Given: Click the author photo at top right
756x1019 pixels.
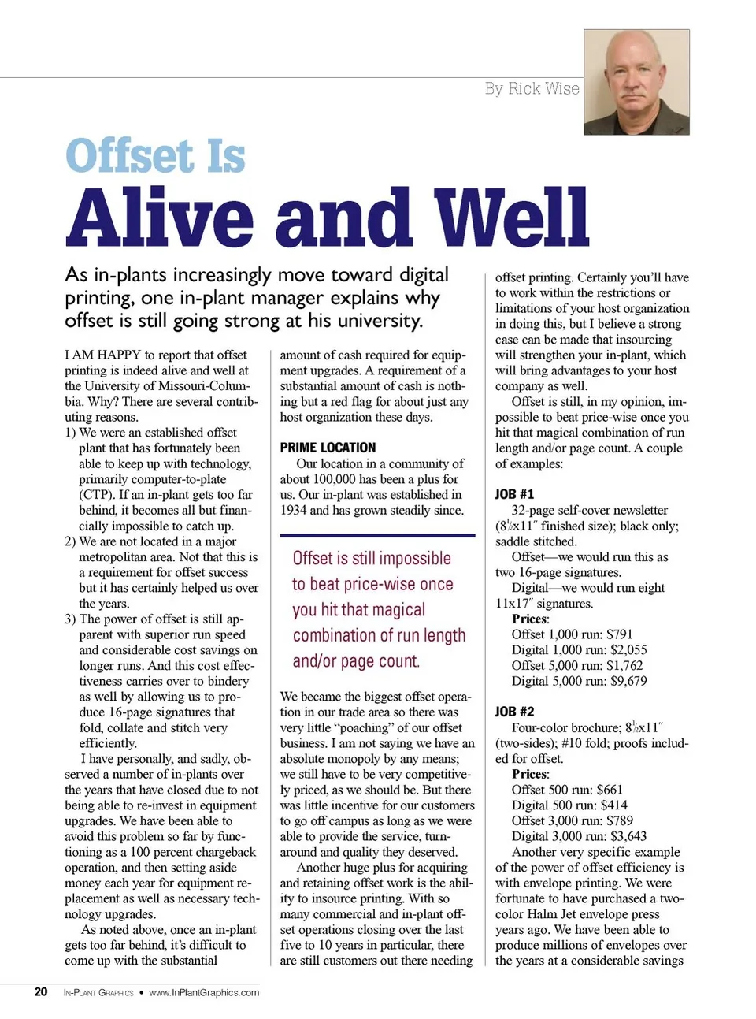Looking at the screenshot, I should (636, 83).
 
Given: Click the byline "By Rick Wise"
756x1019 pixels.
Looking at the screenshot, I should (532, 88).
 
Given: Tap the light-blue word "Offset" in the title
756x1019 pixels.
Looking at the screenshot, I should (129, 155).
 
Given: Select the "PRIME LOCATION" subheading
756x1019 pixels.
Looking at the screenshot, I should (328, 448).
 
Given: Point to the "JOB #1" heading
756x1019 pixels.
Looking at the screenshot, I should (514, 494).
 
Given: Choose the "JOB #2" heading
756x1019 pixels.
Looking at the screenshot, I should (514, 712).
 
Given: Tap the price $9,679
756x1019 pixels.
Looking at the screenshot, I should (628, 681).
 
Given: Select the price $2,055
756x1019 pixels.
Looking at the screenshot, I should (628, 650).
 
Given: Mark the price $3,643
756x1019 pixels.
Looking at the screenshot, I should (628, 836).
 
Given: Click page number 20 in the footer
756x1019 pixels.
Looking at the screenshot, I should (41, 992).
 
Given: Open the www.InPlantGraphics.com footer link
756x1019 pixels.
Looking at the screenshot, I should (204, 993).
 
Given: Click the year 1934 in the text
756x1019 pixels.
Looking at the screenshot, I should (295, 510).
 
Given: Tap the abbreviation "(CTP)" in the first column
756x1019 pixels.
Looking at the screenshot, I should (97, 495).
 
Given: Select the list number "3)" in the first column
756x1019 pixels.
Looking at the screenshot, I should (71, 619).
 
